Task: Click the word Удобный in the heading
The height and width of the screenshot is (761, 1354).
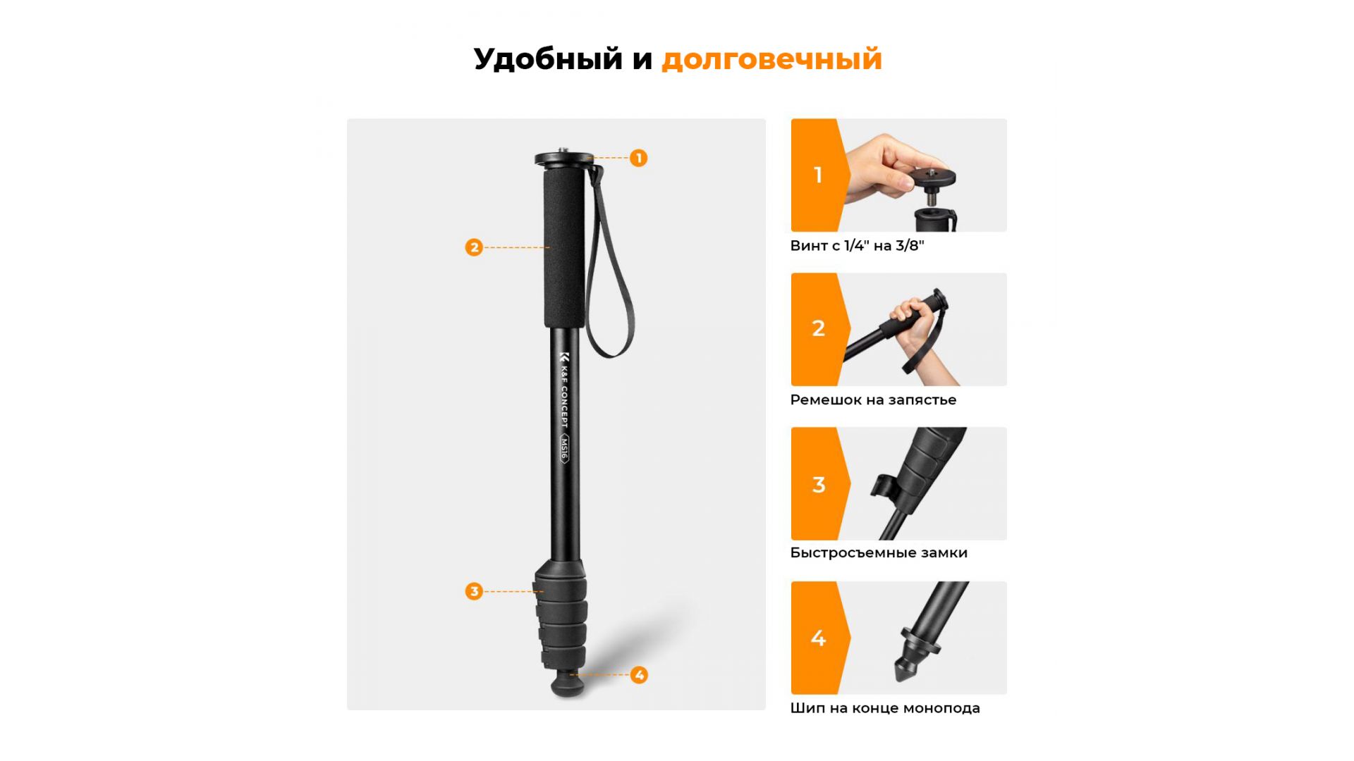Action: pos(548,59)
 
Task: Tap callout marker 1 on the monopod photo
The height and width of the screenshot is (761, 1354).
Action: pos(638,158)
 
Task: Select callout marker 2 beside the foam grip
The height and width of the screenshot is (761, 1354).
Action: pos(474,247)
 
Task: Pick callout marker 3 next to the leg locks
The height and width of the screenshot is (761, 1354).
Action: pos(474,591)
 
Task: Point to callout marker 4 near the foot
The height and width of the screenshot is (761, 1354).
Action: pos(639,675)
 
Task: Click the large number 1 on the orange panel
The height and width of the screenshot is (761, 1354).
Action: pos(818,175)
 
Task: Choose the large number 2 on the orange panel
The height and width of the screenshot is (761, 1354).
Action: pos(818,328)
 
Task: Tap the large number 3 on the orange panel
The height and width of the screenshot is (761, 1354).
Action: pos(818,485)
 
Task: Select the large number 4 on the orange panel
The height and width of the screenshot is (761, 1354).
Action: pos(818,638)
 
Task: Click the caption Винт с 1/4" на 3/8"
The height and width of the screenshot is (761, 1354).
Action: pos(857,246)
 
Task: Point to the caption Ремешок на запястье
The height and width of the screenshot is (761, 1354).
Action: pos(873,400)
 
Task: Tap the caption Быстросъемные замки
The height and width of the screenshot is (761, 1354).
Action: pos(879,553)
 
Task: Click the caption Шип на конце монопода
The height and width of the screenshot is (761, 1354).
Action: pos(885,708)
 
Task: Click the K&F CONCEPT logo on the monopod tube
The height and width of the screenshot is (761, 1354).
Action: pos(564,389)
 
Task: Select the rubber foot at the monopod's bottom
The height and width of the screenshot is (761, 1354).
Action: pos(568,683)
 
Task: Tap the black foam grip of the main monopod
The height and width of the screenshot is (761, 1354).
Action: pos(564,248)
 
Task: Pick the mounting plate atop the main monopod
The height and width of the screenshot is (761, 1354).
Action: pos(562,159)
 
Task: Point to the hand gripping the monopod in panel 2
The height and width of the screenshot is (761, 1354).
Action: pos(917,324)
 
